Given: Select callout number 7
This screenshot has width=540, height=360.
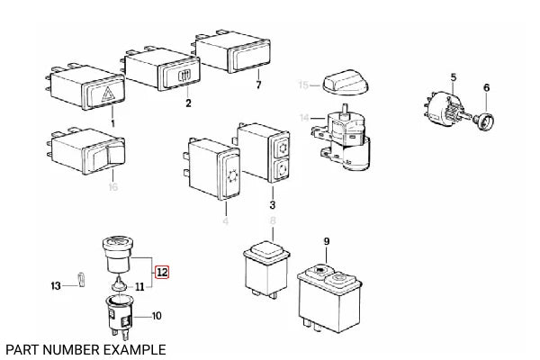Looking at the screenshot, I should pyautogui.click(x=257, y=86).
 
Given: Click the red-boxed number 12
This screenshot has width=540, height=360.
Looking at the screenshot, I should pyautogui.click(x=161, y=271).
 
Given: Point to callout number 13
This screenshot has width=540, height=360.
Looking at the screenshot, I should pyautogui.click(x=55, y=285).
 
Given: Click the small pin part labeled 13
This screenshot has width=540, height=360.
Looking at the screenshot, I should pyautogui.click(x=79, y=280).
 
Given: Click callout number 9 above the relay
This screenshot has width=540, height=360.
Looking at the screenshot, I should pyautogui.click(x=327, y=240).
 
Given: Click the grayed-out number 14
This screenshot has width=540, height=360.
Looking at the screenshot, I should pyautogui.click(x=304, y=117).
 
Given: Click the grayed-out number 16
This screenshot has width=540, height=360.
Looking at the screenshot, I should pyautogui.click(x=112, y=186).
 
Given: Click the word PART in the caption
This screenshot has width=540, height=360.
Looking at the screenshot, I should pyautogui.click(x=22, y=348).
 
